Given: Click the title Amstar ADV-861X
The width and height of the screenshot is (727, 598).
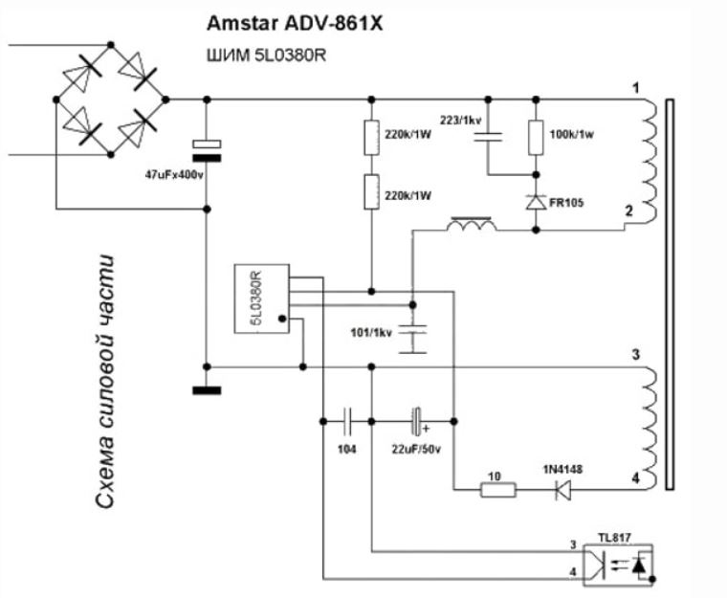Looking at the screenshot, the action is (x=295, y=23).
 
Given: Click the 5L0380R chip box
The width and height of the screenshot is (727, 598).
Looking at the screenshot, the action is (x=261, y=299).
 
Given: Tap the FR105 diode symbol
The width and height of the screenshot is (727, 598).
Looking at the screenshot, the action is (x=536, y=202).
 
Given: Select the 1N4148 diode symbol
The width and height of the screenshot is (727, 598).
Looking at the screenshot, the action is (x=563, y=490).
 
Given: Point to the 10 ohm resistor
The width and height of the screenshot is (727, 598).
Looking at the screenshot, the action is (x=498, y=490).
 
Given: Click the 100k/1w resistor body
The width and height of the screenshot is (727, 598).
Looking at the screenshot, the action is (x=536, y=138).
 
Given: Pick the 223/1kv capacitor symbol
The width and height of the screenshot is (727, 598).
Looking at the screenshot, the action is (x=488, y=137).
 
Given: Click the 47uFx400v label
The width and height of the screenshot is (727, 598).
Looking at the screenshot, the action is (x=174, y=175).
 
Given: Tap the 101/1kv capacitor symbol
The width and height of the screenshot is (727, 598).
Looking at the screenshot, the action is (x=412, y=339).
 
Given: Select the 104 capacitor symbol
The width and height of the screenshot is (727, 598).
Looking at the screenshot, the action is (x=347, y=421).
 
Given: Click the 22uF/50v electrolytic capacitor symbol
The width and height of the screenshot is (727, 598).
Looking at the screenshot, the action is (x=418, y=421).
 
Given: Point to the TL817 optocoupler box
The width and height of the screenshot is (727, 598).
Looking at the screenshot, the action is (x=618, y=565).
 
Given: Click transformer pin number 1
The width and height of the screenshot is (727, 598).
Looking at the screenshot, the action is (x=636, y=88).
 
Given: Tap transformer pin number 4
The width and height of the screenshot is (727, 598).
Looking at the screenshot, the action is (x=635, y=477).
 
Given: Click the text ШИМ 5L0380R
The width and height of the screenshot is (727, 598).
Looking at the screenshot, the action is (x=266, y=55).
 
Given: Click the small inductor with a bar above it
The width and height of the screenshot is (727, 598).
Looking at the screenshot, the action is (x=472, y=224).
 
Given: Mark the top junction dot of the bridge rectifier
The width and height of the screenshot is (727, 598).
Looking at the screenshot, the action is (x=110, y=45).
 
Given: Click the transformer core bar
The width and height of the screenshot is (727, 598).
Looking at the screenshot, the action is (x=669, y=294).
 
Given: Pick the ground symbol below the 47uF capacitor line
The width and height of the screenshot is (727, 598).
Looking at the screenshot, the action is (x=207, y=390).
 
